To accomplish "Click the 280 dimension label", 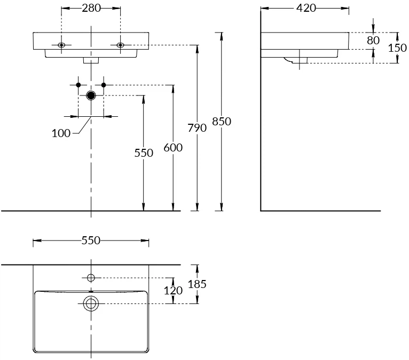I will (x=91, y=8).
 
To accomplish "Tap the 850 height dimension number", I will (x=222, y=122).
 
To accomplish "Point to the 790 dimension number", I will (x=197, y=128).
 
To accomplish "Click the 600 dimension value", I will (x=173, y=148).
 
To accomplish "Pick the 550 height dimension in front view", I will (x=143, y=153).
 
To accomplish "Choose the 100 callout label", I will (x=61, y=133).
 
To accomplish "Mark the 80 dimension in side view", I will (x=373, y=41).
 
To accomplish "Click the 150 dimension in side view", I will (x=397, y=47).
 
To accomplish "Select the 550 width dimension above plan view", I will (x=91, y=241).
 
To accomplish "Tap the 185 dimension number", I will (x=198, y=284).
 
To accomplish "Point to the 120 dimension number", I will (x=174, y=291).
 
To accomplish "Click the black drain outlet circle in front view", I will (x=91, y=95).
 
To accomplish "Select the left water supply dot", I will (x=78, y=85).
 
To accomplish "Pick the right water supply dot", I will (x=104, y=85).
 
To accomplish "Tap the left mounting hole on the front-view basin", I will (x=61, y=45).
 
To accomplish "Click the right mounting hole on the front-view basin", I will (x=120, y=45).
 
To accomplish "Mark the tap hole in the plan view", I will (x=91, y=277).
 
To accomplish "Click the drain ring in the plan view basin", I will (x=91, y=304).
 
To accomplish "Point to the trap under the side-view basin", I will (x=296, y=60).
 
